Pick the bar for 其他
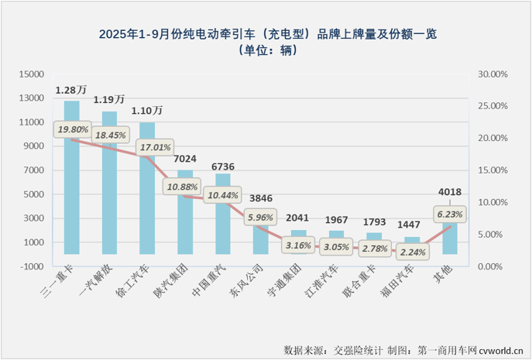pos(451,240)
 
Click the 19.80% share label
pos(72,129)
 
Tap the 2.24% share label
pos(412,250)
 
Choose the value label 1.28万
pos(71,90)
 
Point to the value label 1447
pos(412,225)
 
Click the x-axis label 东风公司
pos(249,290)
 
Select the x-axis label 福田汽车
pos(400,290)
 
